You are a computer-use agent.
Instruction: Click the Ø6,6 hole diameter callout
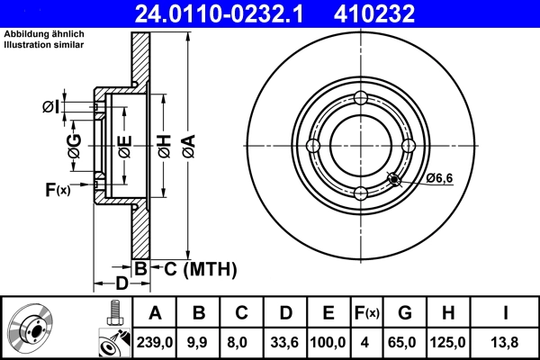[438, 179]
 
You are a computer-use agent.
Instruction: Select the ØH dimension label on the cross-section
[162, 145]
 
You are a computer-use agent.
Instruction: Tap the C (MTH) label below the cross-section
[194, 267]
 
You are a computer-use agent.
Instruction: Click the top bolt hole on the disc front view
[360, 99]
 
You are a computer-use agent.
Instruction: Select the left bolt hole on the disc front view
[313, 146]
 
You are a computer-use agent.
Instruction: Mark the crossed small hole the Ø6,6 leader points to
[393, 179]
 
